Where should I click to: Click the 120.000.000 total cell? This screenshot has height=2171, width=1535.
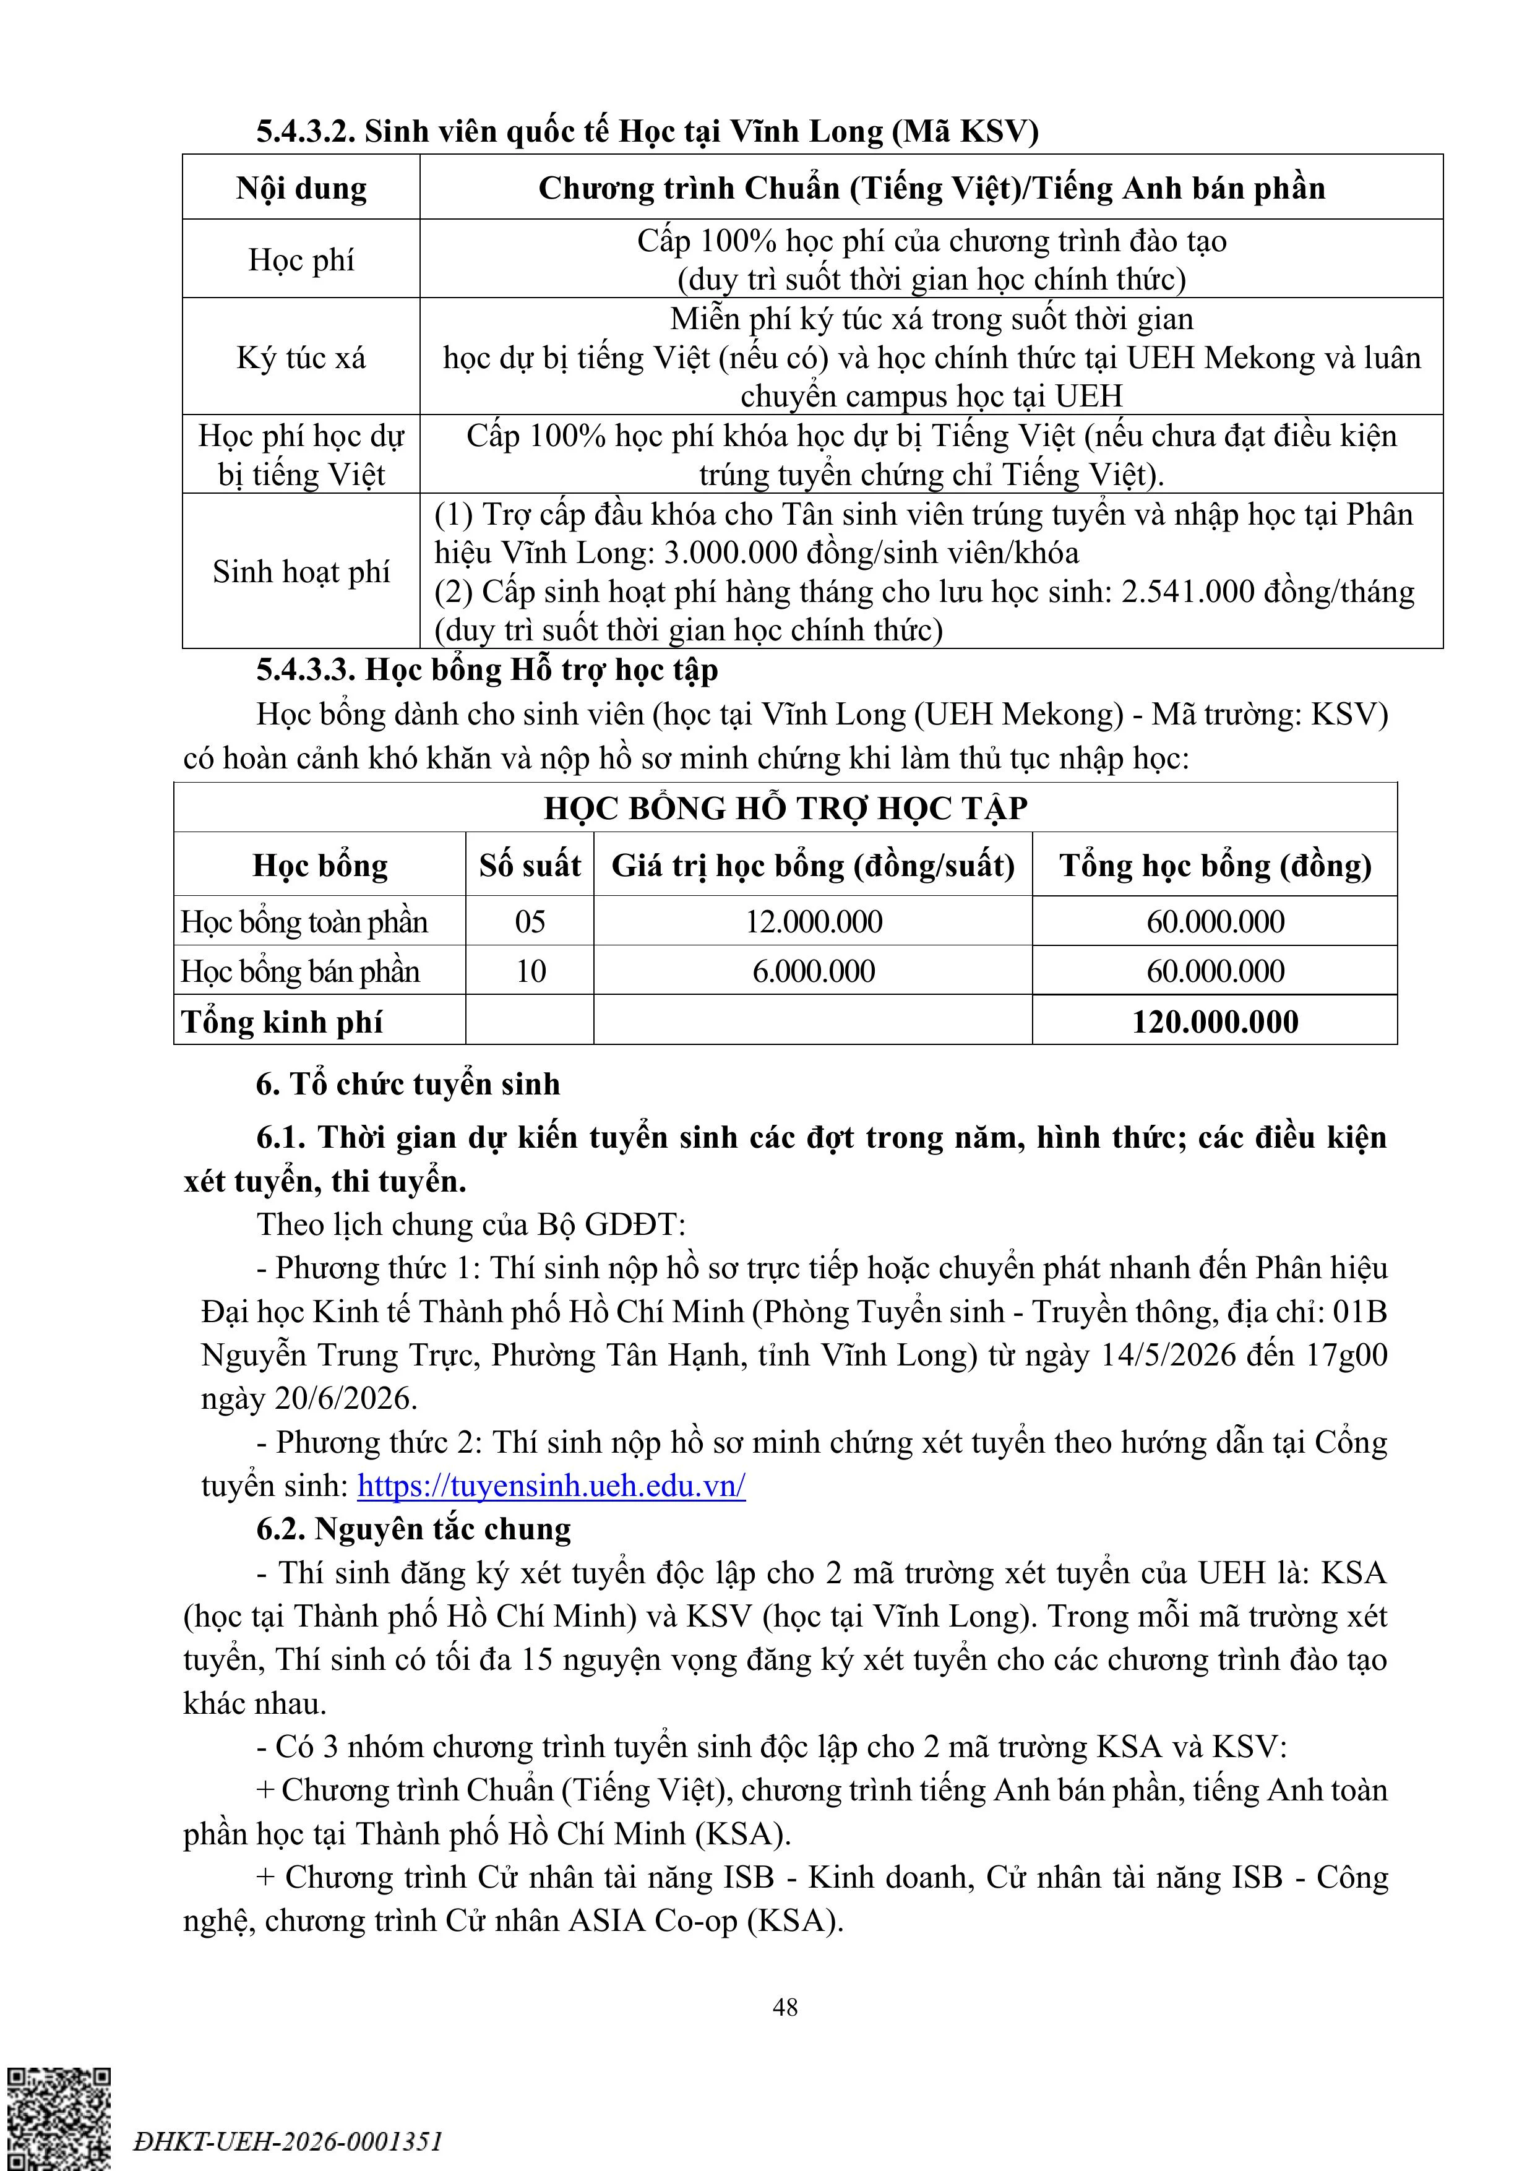click(x=1215, y=1021)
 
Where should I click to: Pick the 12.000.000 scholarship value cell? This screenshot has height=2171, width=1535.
click(x=814, y=921)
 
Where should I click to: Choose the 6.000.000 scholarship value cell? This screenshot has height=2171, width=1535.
click(x=814, y=971)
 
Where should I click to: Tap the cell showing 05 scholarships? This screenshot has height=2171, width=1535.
click(x=530, y=921)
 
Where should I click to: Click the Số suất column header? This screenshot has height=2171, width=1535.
click(x=530, y=865)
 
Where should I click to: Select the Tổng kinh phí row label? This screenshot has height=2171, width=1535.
click(x=282, y=1021)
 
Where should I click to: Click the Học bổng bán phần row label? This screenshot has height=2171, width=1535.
click(x=300, y=971)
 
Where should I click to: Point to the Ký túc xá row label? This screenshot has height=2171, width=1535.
click(x=301, y=358)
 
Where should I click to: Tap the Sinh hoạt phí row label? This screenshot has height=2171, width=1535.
click(x=301, y=571)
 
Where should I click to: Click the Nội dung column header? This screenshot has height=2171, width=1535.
click(x=301, y=188)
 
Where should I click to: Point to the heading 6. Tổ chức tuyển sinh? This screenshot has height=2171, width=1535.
click(x=408, y=1083)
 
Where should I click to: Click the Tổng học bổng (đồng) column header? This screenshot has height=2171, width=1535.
click(x=1215, y=865)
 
